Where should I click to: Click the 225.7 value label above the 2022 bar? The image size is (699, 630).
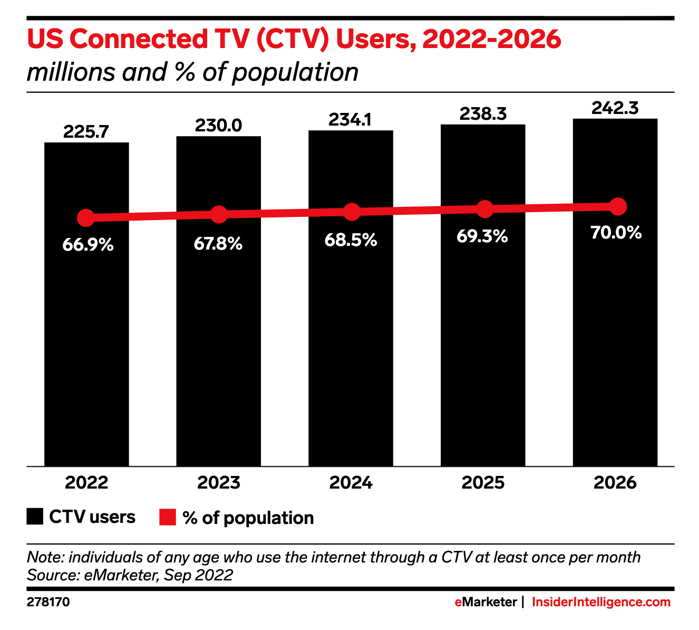point(86,132)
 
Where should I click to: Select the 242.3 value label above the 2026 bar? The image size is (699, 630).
point(615,108)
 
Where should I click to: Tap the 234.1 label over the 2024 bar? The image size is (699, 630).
point(350,120)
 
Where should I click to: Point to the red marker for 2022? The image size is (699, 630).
point(85,217)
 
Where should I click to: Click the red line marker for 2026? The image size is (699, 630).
point(617,206)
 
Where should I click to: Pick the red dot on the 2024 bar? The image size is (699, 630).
point(352,212)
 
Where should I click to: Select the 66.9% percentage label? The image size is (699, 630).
point(88,245)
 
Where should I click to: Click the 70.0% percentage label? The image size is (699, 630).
point(616,233)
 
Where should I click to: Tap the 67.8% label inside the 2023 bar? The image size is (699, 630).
point(218,244)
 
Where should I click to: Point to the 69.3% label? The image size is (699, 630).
point(482,236)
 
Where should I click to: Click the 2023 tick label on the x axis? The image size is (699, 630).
point(218,483)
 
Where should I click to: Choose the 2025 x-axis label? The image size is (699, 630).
point(483,483)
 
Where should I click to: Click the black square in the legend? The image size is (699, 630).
point(35,517)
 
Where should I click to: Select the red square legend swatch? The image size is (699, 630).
point(167,518)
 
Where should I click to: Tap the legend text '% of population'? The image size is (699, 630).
point(248,518)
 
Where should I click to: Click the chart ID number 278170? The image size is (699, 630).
point(48,602)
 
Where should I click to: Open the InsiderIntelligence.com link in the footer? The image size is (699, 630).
point(601,602)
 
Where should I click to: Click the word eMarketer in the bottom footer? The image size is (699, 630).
point(486,602)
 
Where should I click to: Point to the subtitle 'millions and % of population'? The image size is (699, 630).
point(192,72)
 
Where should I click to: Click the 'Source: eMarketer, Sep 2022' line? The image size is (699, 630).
point(130,575)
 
